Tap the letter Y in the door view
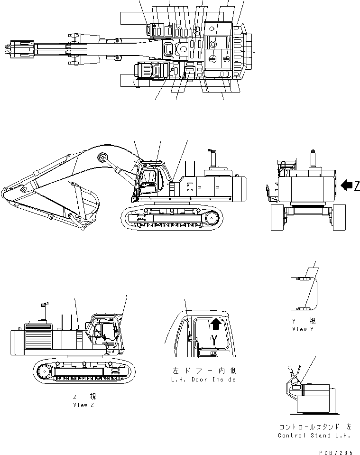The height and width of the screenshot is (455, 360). pos(214,340)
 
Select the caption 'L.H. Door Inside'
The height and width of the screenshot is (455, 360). pos(203,380)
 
